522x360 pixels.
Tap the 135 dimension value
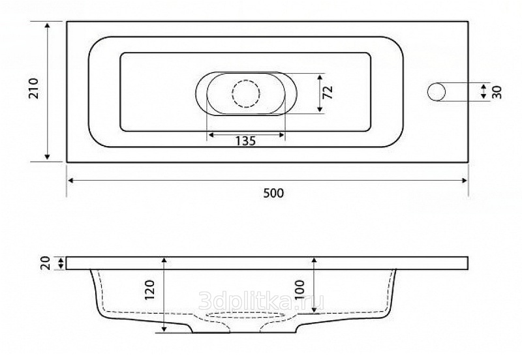(x=245, y=140)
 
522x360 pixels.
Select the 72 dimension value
(x=329, y=92)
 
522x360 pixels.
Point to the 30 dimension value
(x=497, y=92)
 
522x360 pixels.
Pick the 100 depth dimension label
(x=301, y=288)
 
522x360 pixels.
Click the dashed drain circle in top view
(x=245, y=93)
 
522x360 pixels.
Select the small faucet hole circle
(x=437, y=92)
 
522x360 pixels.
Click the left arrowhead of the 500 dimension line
(x=70, y=181)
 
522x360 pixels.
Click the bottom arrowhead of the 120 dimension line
(x=164, y=331)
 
